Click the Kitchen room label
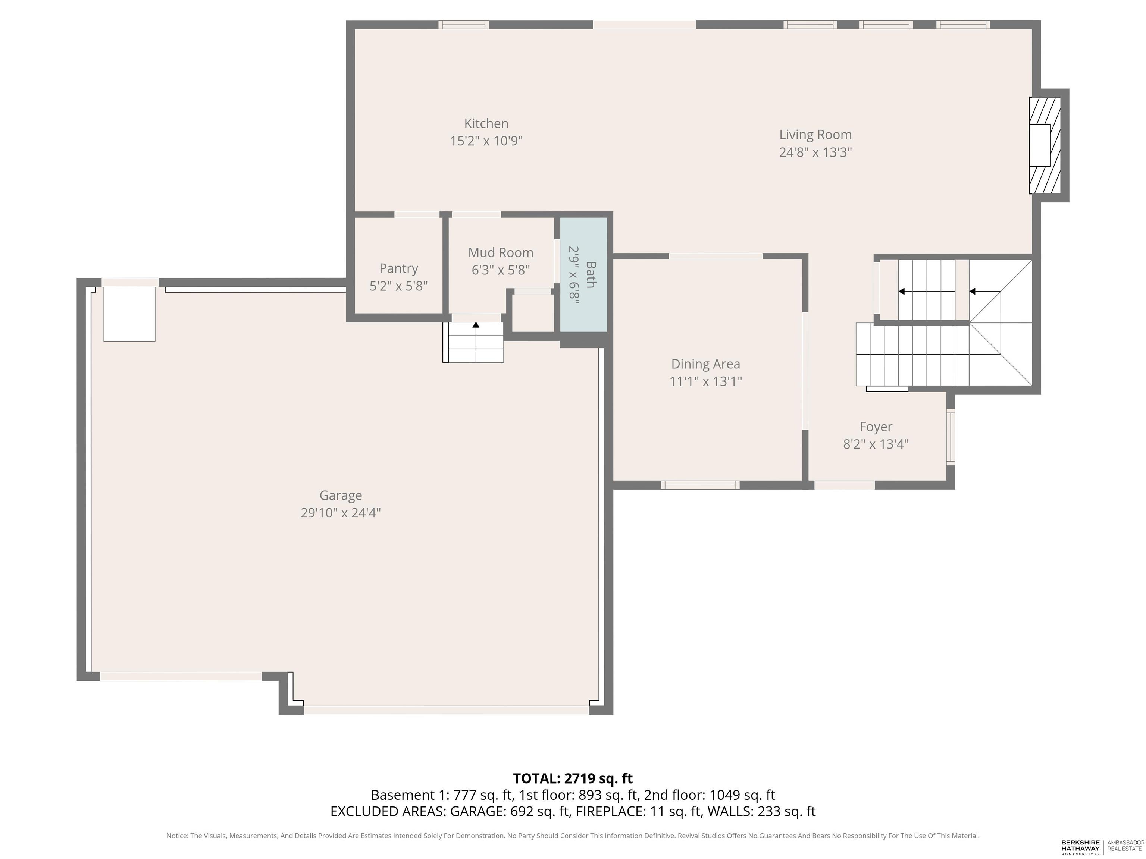[x=486, y=124]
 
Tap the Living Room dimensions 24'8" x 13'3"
[x=815, y=152]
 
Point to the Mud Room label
[x=501, y=253]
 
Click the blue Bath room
[x=583, y=274]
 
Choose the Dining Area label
[x=706, y=364]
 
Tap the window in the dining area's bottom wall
[x=700, y=485]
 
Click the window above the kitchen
[x=463, y=24]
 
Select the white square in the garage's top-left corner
[x=129, y=314]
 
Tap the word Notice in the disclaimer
[x=177, y=836]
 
